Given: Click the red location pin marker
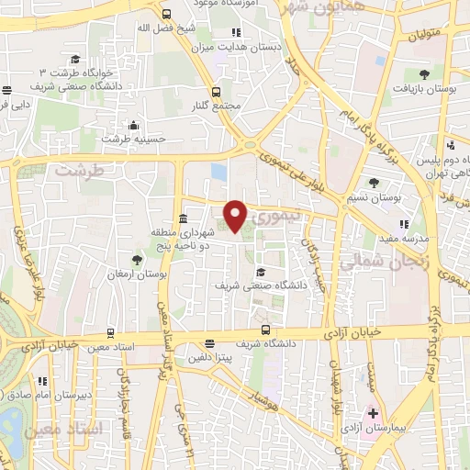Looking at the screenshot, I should [x=236, y=216].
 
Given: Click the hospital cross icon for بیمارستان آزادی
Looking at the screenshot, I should [x=372, y=414].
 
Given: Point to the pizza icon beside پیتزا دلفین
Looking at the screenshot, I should [x=210, y=344].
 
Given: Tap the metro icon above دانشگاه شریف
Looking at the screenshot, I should [x=265, y=330].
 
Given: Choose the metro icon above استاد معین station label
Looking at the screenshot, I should [x=111, y=334].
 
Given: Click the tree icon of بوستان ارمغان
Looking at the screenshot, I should [x=137, y=261].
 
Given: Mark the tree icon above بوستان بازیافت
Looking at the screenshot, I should [x=424, y=74].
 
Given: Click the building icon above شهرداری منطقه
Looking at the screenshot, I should [x=184, y=218].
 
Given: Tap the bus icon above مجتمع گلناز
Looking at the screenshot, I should [x=217, y=92].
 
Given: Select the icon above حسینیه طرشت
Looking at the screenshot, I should [x=135, y=125].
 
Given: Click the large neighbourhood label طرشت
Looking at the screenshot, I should [x=75, y=170].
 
